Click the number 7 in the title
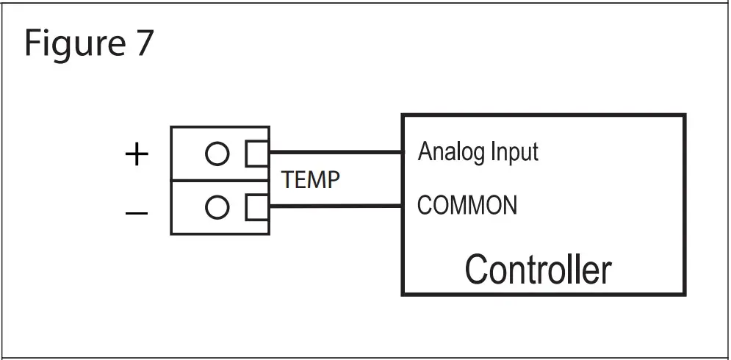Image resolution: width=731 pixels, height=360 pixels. [143, 43]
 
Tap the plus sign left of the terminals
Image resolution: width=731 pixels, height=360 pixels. [137, 155]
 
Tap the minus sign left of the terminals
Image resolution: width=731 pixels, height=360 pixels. [137, 213]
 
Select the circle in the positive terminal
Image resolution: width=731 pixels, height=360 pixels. [217, 154]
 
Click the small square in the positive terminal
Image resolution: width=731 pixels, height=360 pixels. [256, 154]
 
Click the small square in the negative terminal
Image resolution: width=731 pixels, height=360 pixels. [256, 208]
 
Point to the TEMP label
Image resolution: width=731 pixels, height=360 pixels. [312, 180]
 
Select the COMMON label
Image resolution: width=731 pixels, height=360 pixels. [467, 205]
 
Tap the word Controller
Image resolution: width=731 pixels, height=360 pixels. [538, 270]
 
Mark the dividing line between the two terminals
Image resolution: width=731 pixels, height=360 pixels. [220, 181]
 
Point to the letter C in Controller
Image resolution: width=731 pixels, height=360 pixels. [477, 270]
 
